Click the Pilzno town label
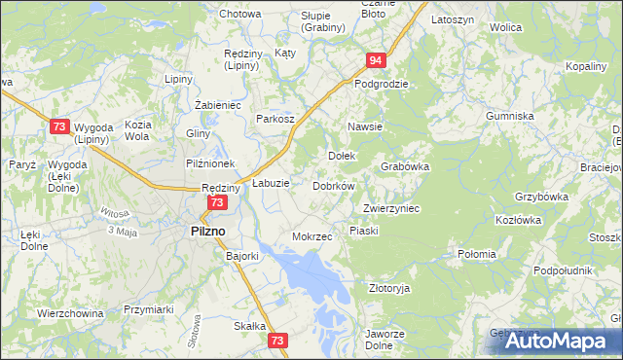tap(205, 231)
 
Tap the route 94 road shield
tap(376, 61)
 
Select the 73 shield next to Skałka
tap(278, 341)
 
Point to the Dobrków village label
tap(333, 185)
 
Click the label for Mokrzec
tap(312, 236)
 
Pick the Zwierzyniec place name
tap(390, 208)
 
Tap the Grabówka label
tap(406, 166)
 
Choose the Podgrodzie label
tap(381, 84)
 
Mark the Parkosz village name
tap(275, 119)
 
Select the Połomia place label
tap(478, 255)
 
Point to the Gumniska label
tap(510, 116)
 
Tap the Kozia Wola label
tap(137, 130)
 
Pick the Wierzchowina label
tap(70, 313)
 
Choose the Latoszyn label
tap(452, 19)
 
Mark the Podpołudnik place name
tap(564, 270)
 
